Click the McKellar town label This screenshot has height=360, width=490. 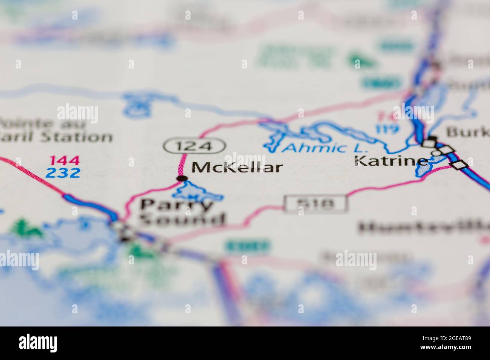pyautogui.click(x=237, y=167)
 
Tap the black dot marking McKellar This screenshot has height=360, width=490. pyautogui.click(x=182, y=178)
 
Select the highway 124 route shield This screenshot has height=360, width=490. pyautogui.click(x=194, y=146)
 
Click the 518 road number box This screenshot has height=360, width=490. pyautogui.click(x=315, y=204)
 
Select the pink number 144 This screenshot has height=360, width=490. pyautogui.click(x=64, y=161)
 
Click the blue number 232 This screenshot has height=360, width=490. pyautogui.click(x=63, y=173)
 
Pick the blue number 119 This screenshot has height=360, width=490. pyautogui.click(x=387, y=129)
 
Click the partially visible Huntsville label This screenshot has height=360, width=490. pyautogui.click(x=422, y=227)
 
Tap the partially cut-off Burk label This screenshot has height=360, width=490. pyautogui.click(x=467, y=132)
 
